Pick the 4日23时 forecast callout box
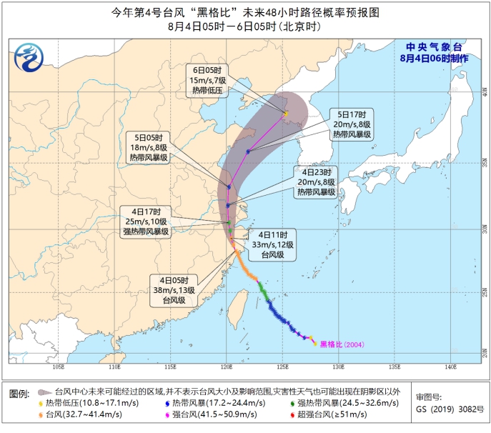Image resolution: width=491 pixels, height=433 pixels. click(317, 181)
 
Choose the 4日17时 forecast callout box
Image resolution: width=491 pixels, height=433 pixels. click(146, 221)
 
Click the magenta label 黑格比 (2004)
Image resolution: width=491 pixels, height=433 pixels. click(341, 344)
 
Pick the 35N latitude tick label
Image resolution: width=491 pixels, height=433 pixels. click(483, 162)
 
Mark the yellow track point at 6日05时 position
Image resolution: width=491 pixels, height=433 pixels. click(286, 114)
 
